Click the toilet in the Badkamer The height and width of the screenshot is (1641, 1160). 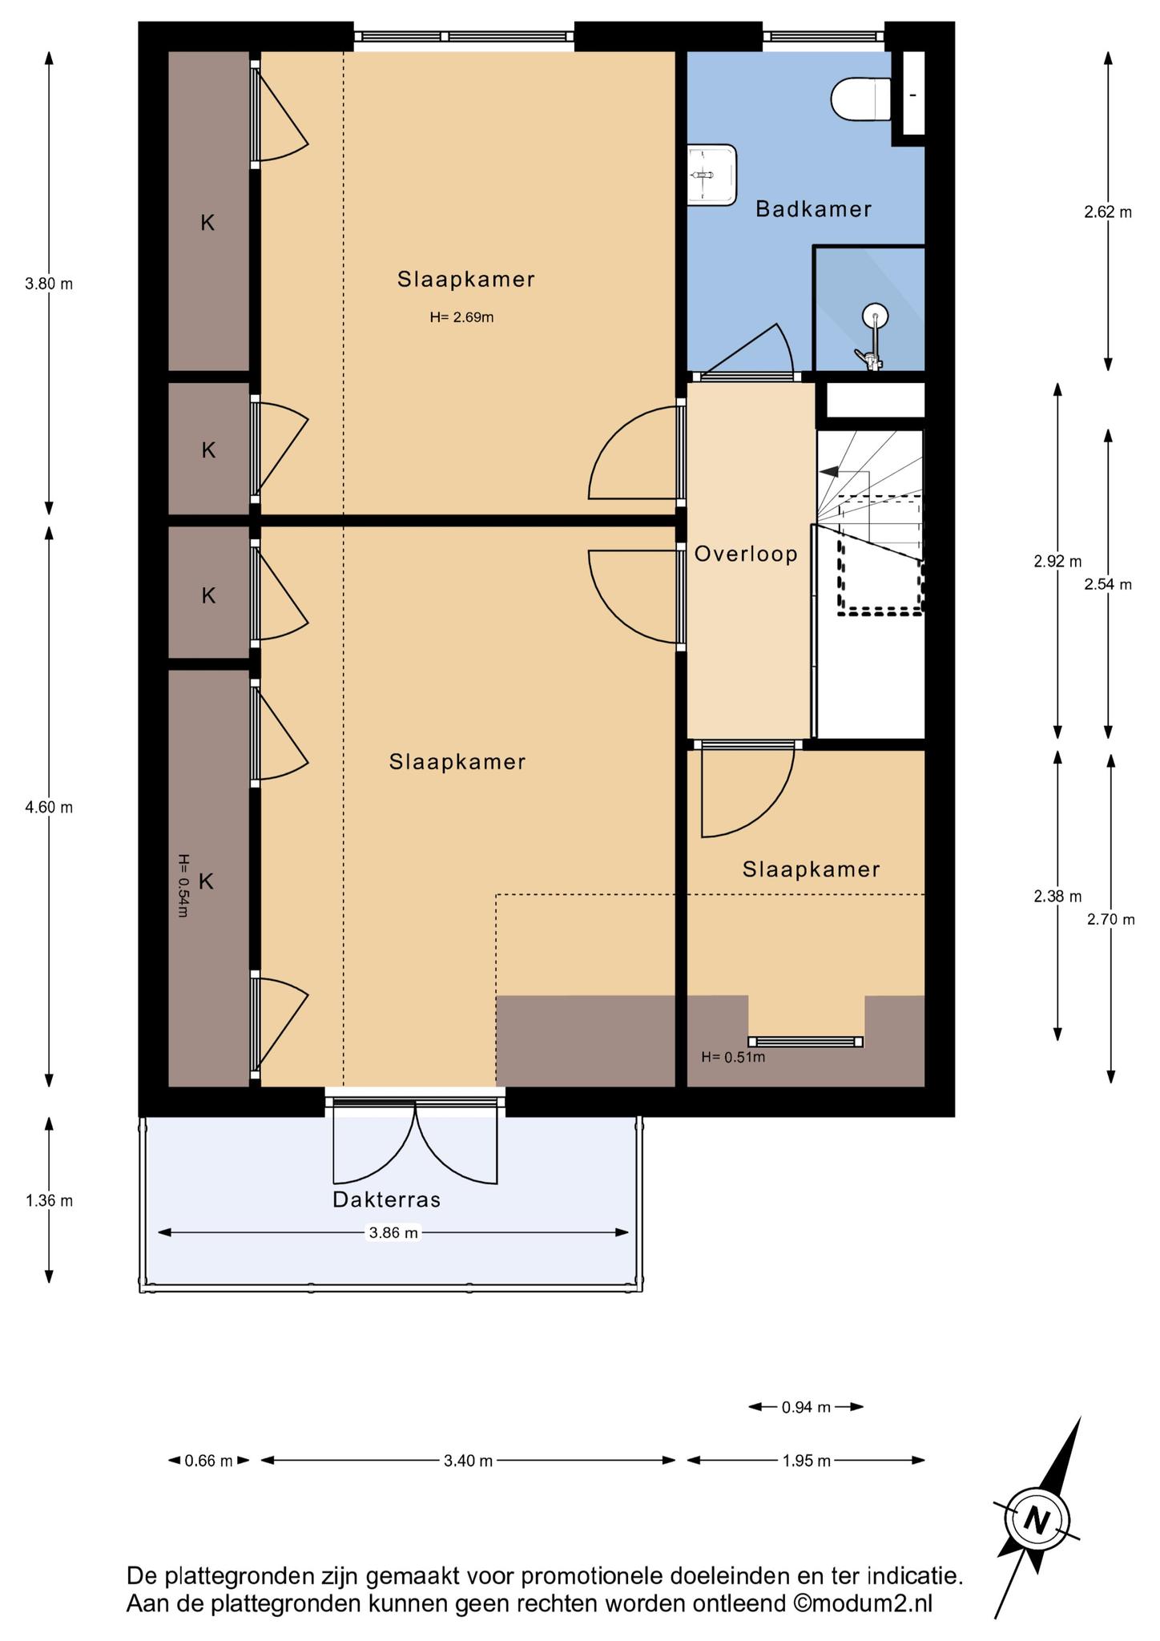coord(861,99)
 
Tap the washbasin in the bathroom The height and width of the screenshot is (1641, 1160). coord(711,175)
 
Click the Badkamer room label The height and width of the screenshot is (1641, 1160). coord(813,209)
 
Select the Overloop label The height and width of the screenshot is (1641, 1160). coord(746,554)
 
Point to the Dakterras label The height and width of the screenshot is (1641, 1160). coord(387,1200)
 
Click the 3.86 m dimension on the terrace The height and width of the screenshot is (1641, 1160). coord(393,1232)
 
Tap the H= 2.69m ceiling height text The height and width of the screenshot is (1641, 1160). coord(461,317)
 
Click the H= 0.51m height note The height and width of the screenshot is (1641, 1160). coord(733,1057)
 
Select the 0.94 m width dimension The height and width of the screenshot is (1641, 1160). coord(806,1406)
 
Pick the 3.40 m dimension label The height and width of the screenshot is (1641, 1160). coord(468,1461)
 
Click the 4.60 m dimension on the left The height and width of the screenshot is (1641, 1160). coord(49,807)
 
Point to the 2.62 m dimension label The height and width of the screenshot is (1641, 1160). coord(1108,212)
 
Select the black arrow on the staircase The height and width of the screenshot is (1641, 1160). coord(829,472)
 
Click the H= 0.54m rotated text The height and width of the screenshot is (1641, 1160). coord(183,885)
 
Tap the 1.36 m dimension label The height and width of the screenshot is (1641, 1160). coord(49,1200)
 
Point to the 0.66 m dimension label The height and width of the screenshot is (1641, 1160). coord(208,1461)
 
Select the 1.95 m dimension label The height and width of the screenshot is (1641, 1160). coord(806,1461)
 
